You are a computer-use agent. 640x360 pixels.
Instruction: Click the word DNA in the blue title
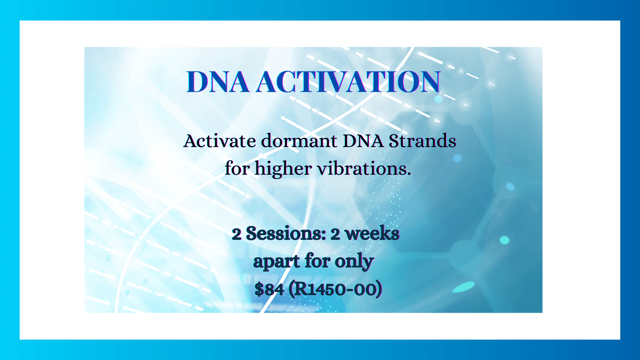point(218,82)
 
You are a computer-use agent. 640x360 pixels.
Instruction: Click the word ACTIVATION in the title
point(348,82)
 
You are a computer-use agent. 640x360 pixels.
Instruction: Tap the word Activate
point(219,141)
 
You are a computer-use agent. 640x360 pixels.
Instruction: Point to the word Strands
point(422,141)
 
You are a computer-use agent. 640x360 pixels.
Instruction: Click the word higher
point(283,168)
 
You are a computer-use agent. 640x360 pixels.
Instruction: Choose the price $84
point(269,289)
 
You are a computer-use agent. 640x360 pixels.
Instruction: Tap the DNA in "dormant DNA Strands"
point(363,141)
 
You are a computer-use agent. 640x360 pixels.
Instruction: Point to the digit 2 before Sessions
point(236,234)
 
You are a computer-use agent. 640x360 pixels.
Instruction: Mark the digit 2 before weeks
point(335,234)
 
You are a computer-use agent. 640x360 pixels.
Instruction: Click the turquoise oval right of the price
point(463,287)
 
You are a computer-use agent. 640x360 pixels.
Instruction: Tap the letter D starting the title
point(197,82)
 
